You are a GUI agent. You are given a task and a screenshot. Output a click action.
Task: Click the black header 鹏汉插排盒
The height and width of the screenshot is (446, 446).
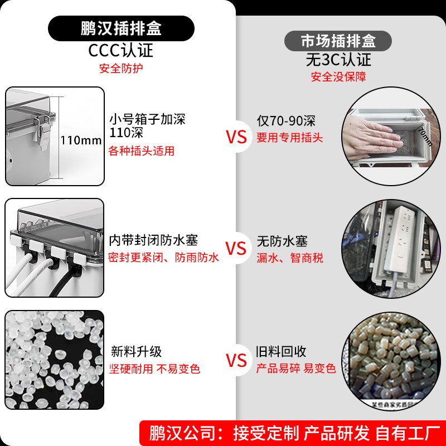click(x=121, y=28)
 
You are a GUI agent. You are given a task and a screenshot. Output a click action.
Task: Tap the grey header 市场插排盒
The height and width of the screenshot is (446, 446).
click(x=338, y=41)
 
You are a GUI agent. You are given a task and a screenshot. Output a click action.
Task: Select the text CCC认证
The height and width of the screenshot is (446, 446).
click(x=121, y=51)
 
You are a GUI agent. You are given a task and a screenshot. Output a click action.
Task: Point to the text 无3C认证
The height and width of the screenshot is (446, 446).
click(x=338, y=59)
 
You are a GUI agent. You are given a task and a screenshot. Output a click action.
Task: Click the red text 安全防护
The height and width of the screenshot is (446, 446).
click(x=121, y=69)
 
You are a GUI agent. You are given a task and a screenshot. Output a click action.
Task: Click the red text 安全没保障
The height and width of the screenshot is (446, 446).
click(x=338, y=77)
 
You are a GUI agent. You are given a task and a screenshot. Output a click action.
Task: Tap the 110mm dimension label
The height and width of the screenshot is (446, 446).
click(x=81, y=140)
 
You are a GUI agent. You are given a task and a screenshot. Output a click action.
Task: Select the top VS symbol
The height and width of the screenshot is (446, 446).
click(x=237, y=137)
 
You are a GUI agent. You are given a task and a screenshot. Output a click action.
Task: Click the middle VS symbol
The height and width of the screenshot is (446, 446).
click(x=237, y=249)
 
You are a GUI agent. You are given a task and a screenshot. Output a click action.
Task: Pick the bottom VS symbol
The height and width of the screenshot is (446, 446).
click(x=237, y=360)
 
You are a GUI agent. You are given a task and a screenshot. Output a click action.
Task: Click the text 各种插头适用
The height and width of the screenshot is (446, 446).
click(x=142, y=151)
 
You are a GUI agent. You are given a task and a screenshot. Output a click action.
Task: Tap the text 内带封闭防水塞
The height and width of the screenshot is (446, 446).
click(x=153, y=240)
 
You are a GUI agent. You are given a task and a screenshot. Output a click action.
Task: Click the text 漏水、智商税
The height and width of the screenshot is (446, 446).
click(x=290, y=258)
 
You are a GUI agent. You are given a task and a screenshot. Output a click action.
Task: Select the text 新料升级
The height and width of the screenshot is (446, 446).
click(x=136, y=352)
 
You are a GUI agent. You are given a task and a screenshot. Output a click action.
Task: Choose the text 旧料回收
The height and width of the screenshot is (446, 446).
click(x=282, y=352)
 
